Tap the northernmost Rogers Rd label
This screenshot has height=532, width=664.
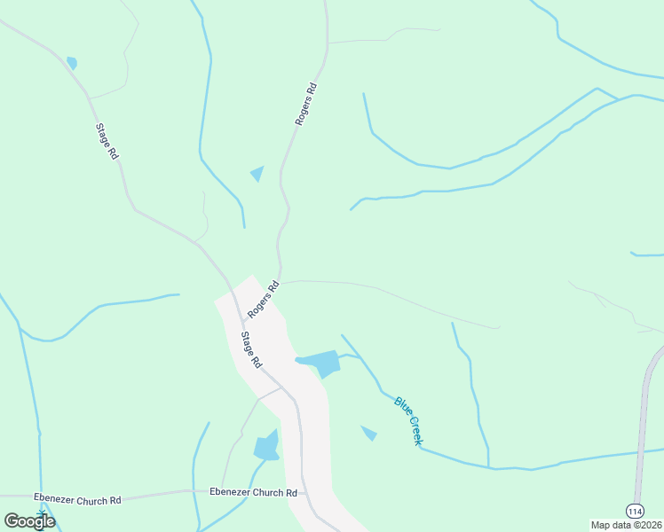tap(306, 104)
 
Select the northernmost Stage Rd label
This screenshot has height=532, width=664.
tap(107, 140)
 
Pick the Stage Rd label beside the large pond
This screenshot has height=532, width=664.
tap(252, 349)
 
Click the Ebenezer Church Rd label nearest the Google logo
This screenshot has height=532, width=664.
tap(77, 500)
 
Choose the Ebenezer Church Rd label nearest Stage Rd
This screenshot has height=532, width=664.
tap(253, 492)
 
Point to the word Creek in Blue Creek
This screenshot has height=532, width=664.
tap(415, 429)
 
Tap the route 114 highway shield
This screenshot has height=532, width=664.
tap(635, 512)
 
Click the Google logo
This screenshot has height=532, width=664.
tap(29, 520)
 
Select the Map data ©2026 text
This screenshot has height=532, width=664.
tap(627, 525)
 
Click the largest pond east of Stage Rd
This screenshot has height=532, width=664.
tap(321, 362)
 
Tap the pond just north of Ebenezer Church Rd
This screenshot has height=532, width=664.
tap(267, 446)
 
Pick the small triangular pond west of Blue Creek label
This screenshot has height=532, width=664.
tap(369, 433)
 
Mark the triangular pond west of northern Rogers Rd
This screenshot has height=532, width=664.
tap(257, 173)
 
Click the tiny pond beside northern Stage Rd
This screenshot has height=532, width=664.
tap(71, 63)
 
